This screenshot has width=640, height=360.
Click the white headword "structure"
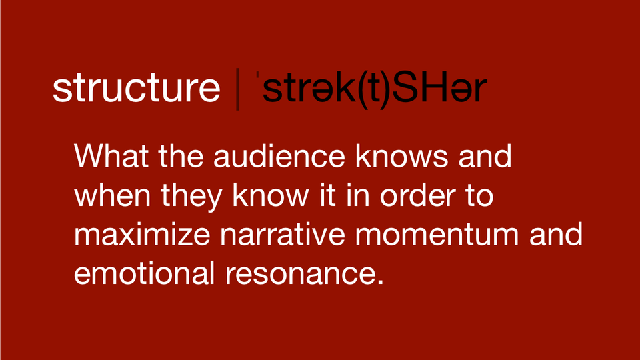point(136,89)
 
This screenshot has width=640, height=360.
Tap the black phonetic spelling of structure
point(367,90)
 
